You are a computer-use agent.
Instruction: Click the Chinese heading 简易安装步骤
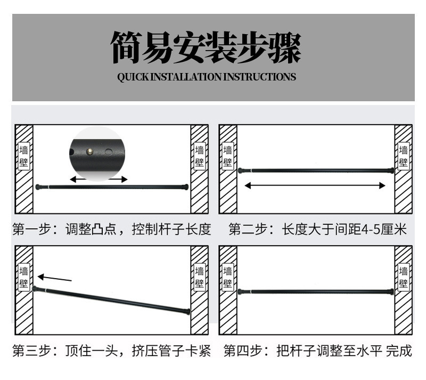click(x=206, y=48)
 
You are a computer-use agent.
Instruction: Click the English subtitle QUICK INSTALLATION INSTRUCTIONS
click(x=206, y=77)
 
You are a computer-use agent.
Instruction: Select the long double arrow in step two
click(x=315, y=185)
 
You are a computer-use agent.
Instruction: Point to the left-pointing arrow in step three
click(x=54, y=278)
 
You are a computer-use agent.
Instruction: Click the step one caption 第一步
click(x=31, y=230)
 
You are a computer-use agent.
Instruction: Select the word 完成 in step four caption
click(x=399, y=351)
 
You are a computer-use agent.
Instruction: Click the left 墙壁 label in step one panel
click(x=24, y=156)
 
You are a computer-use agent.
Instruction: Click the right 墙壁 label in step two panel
click(x=404, y=156)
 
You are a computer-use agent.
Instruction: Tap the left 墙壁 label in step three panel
click(x=24, y=277)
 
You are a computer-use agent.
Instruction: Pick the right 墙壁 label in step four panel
click(x=404, y=277)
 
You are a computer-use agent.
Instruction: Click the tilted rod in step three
click(x=112, y=300)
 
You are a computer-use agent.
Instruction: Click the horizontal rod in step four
click(x=315, y=292)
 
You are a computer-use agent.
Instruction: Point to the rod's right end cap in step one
click(x=185, y=187)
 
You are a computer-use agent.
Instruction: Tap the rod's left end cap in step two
click(x=241, y=171)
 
